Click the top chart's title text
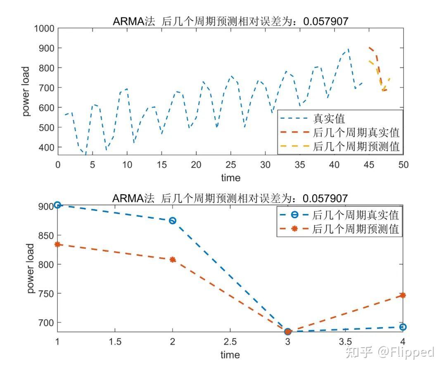click(x=230, y=21)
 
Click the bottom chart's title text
click(x=230, y=198)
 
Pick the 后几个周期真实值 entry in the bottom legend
click(x=356, y=215)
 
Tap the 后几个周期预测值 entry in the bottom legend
click(x=356, y=229)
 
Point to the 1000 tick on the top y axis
click(x=45, y=28)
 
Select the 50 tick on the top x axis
click(x=403, y=164)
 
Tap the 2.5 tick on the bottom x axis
click(x=230, y=341)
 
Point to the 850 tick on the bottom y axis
click(x=47, y=235)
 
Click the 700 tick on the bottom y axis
click(x=47, y=323)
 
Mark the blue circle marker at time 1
click(x=58, y=205)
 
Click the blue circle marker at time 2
click(x=173, y=221)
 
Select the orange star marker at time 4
click(x=403, y=295)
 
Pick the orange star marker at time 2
click(x=173, y=259)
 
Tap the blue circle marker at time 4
click(x=403, y=327)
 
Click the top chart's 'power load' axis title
click(x=26, y=92)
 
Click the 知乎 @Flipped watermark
click(x=390, y=352)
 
